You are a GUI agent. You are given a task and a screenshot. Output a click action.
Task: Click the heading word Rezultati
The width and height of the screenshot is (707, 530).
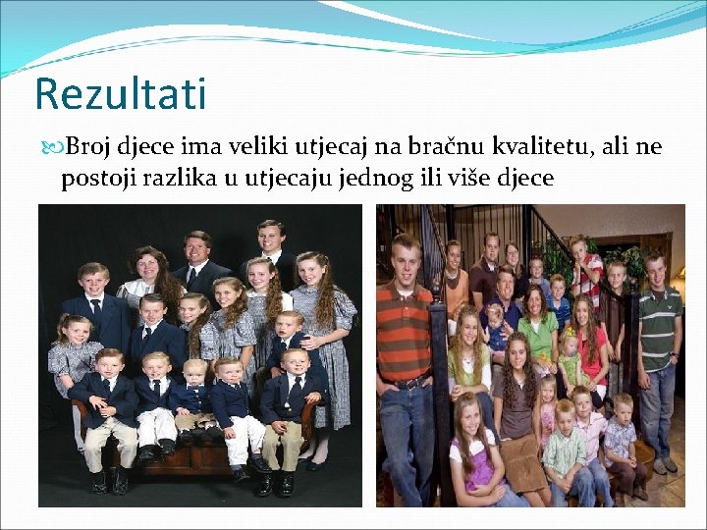[x=121, y=94]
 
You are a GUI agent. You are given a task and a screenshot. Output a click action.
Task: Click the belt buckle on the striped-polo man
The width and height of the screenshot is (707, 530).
[x=402, y=383]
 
